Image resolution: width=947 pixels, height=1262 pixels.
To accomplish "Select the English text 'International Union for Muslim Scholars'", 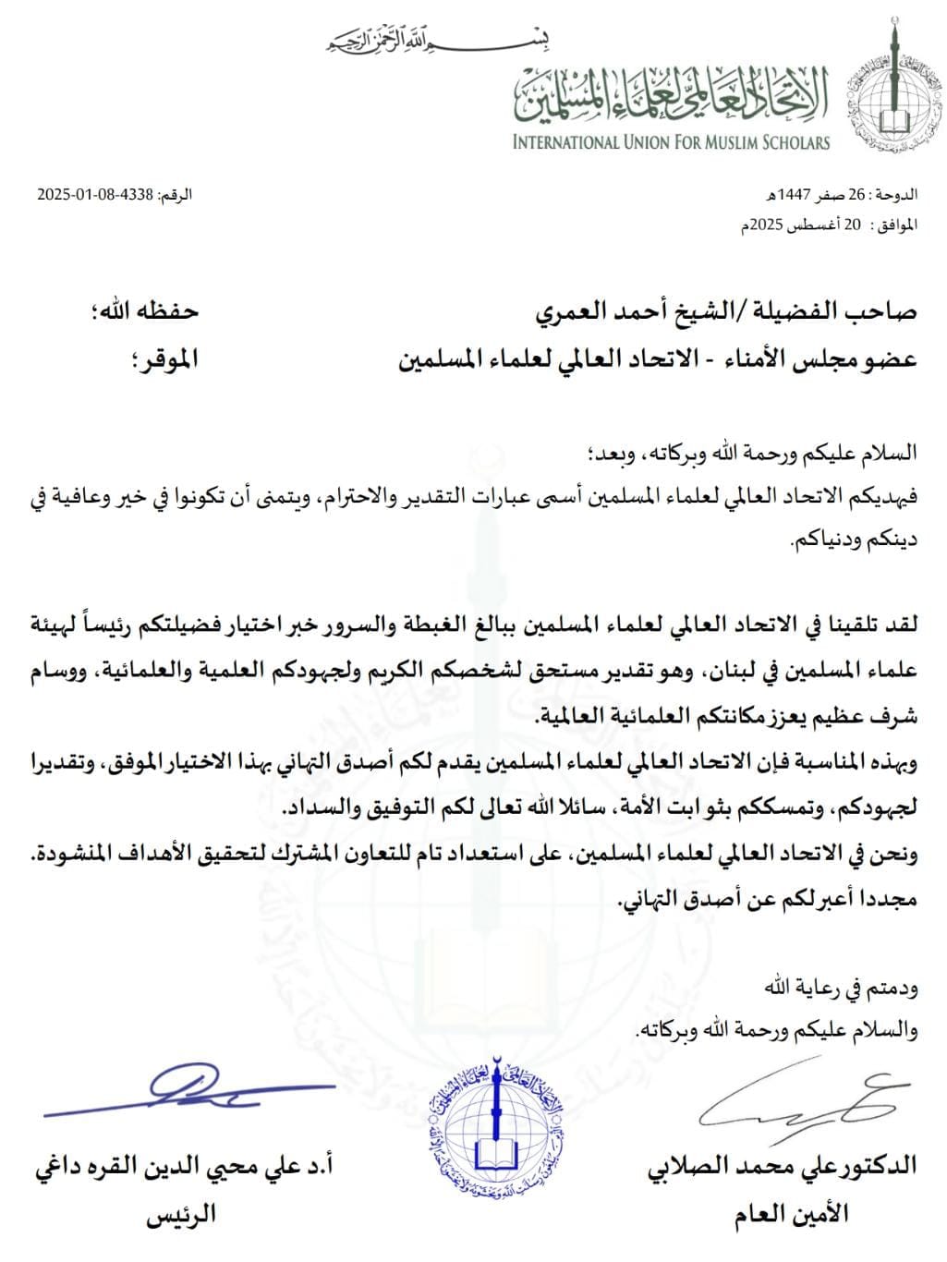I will pyautogui.click(x=672, y=142).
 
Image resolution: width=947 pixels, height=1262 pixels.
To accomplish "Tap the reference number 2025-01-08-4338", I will pyautogui.click(x=94, y=195).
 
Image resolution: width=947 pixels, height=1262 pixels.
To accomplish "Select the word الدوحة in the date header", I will pyautogui.click(x=897, y=195).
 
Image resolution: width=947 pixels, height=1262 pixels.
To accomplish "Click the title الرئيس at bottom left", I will pyautogui.click(x=180, y=1213).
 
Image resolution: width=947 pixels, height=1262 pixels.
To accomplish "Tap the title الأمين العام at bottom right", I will pyautogui.click(x=792, y=1213).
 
